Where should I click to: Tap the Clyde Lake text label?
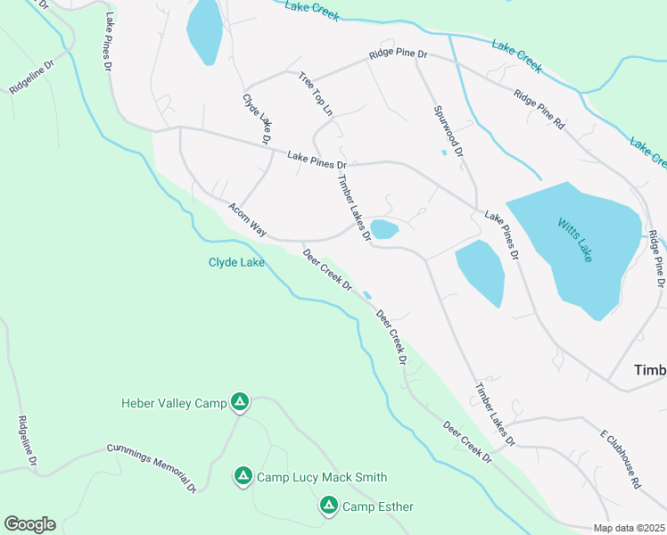point(236,263)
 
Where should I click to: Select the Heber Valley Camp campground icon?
point(239,403)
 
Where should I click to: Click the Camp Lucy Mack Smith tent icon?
point(243,477)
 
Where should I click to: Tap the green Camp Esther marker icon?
point(328,506)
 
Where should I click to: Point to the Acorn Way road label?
point(247,219)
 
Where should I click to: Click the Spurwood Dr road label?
point(449,131)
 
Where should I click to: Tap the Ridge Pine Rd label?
point(539,106)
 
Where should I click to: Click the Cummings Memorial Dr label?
point(151,467)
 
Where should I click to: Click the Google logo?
point(29,524)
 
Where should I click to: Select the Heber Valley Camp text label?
point(174,404)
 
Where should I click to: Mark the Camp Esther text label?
point(378,507)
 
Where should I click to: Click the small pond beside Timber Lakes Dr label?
point(384,229)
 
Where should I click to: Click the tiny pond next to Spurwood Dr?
point(443,152)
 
